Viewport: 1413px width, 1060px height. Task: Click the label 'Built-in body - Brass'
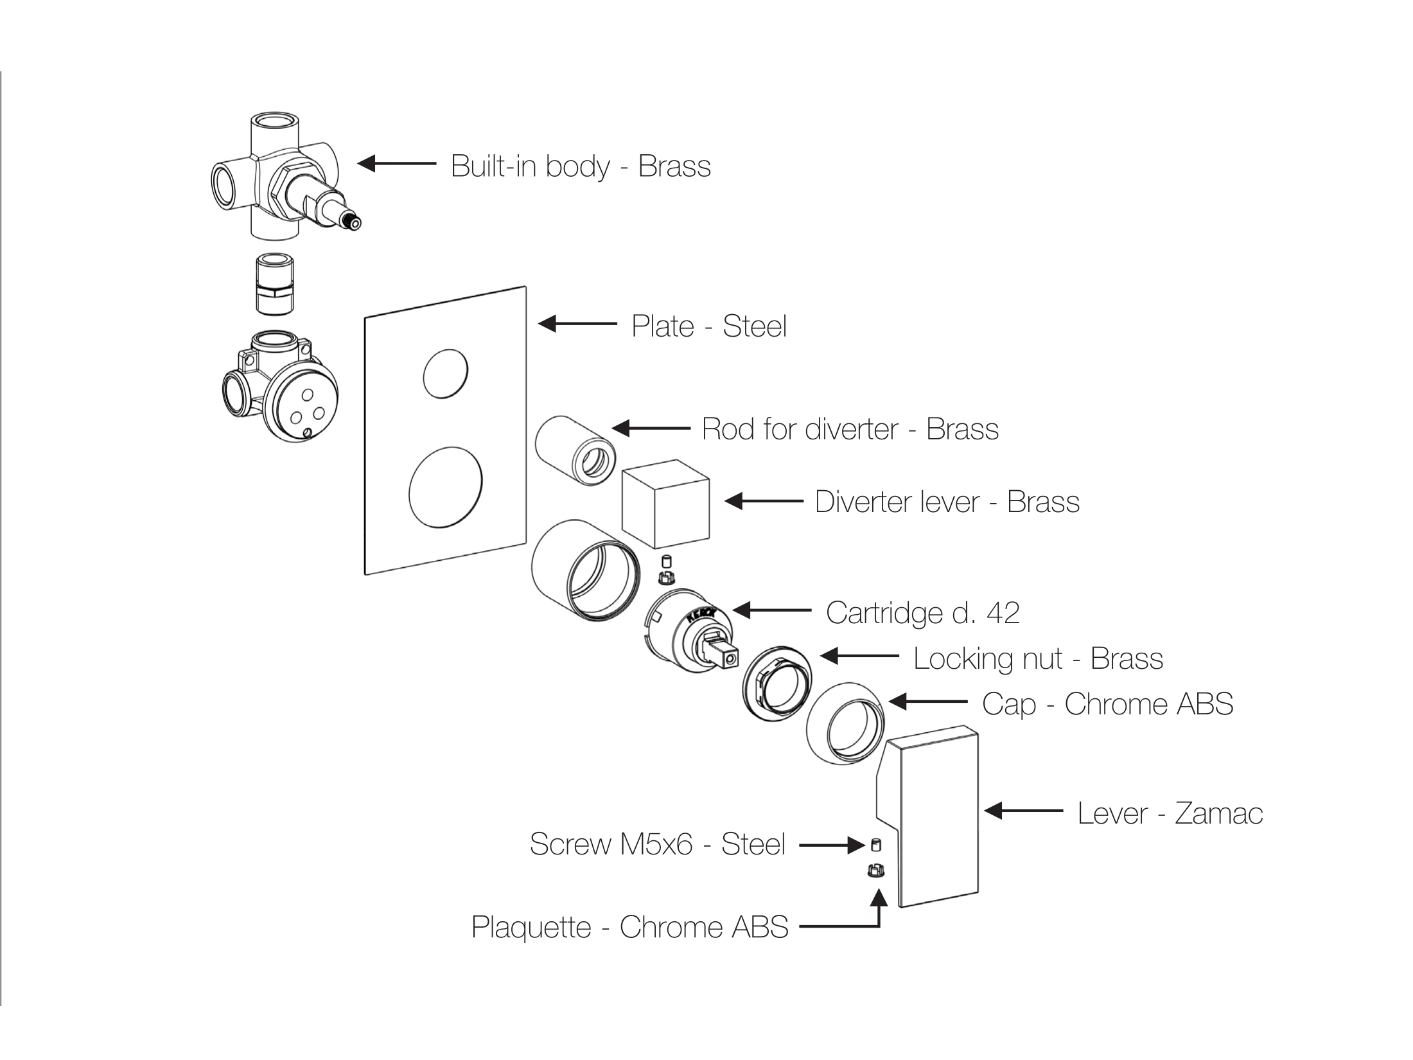pyautogui.click(x=581, y=166)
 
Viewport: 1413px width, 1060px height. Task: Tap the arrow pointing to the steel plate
pyautogui.click(x=577, y=324)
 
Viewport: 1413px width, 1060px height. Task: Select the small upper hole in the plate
pyautogui.click(x=445, y=373)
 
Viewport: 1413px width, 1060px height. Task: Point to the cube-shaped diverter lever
pyautogui.click(x=666, y=500)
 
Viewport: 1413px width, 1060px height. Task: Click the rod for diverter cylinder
pyautogui.click(x=574, y=449)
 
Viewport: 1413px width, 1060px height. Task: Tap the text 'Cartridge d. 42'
pyautogui.click(x=922, y=613)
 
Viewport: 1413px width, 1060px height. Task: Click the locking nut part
pyautogui.click(x=776, y=684)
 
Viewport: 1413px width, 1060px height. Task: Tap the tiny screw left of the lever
pyautogui.click(x=875, y=844)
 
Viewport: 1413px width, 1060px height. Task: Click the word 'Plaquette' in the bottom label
pyautogui.click(x=531, y=927)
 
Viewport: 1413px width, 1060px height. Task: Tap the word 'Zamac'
pyautogui.click(x=1219, y=813)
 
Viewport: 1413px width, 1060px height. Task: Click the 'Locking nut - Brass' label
pyautogui.click(x=1038, y=658)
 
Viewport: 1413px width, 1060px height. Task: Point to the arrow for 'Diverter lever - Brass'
pyautogui.click(x=764, y=501)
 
